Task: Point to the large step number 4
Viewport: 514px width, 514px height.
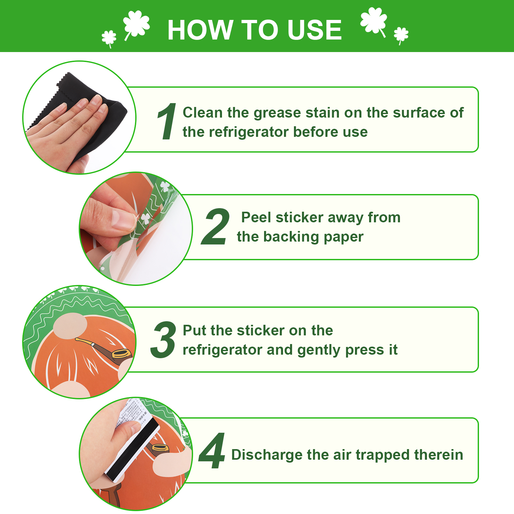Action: [212, 450]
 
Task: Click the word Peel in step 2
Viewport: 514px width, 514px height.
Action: [256, 217]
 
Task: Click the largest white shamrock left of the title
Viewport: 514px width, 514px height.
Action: [136, 24]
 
